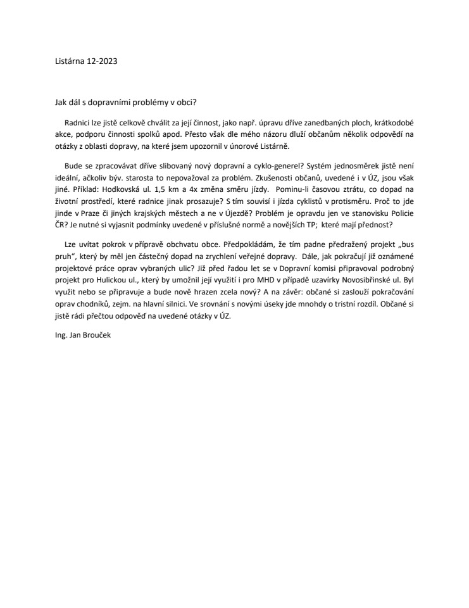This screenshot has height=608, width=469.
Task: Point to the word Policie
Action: [x=400, y=214]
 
